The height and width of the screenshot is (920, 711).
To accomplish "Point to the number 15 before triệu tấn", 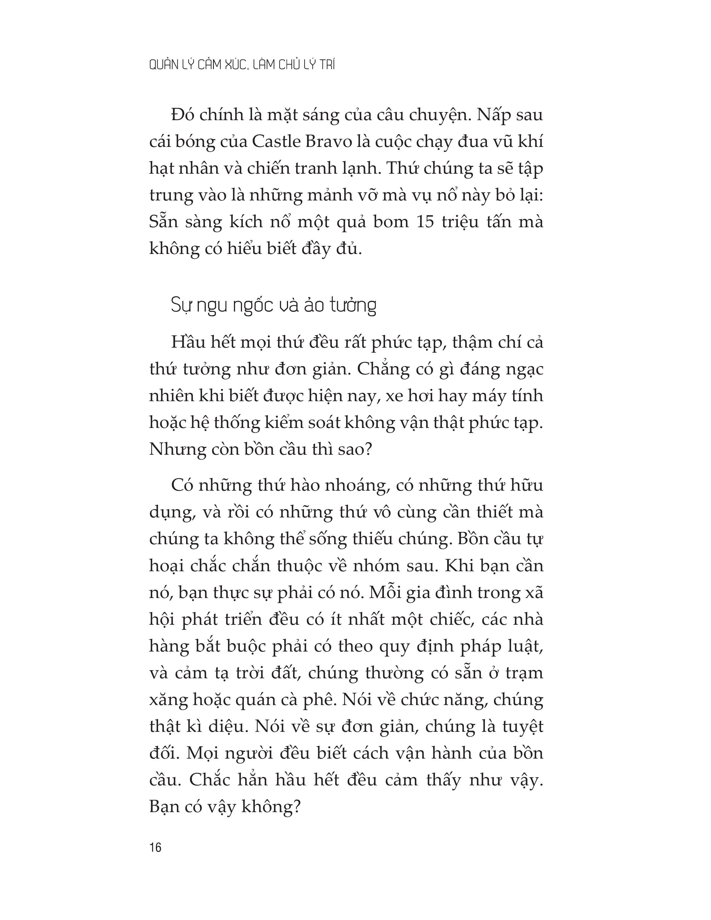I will pos(425,222).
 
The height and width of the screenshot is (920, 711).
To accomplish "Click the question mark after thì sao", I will pos(368,449).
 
